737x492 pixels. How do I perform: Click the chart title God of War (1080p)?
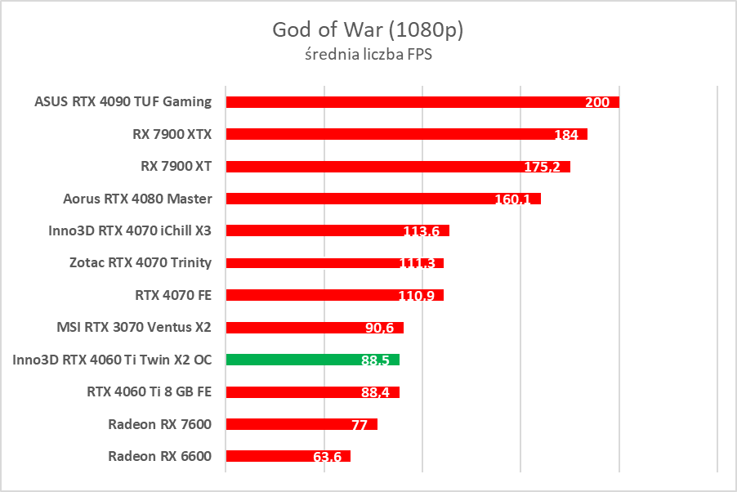(x=368, y=30)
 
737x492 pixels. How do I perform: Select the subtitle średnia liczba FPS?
(x=368, y=56)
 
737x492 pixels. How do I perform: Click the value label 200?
(x=597, y=102)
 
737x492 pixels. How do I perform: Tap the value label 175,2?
(x=542, y=167)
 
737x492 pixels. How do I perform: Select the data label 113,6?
(x=422, y=231)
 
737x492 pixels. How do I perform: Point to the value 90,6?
(x=380, y=328)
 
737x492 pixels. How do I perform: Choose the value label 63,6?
(x=327, y=456)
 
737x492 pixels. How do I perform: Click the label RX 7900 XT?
(x=176, y=166)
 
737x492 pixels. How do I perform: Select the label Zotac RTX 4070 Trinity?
(x=141, y=262)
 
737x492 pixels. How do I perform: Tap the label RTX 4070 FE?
(x=173, y=295)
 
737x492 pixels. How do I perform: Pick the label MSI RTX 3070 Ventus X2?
(x=134, y=327)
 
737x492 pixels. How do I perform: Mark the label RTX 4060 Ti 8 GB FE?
(x=149, y=391)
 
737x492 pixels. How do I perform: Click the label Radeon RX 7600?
(x=159, y=423)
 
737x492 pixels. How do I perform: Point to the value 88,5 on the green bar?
(x=375, y=360)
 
